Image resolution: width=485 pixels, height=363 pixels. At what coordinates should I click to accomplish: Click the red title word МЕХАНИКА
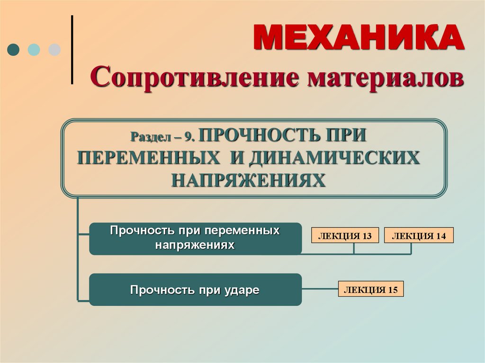pyautogui.click(x=359, y=37)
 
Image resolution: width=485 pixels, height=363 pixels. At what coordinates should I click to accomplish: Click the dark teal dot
pyautogui.click(x=13, y=50)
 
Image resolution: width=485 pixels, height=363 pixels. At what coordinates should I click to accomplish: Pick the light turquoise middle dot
pyautogui.click(x=34, y=50)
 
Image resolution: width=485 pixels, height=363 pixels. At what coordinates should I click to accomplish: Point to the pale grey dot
pyautogui.click(x=54, y=50)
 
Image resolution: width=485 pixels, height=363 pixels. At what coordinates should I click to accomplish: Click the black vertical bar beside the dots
pyautogui.click(x=72, y=50)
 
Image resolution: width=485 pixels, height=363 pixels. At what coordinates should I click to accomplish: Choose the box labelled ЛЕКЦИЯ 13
pyautogui.click(x=345, y=236)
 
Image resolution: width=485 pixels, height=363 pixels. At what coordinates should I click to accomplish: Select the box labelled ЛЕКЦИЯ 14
pyautogui.click(x=419, y=236)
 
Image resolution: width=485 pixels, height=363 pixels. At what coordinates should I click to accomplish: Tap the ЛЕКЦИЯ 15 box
pyautogui.click(x=371, y=289)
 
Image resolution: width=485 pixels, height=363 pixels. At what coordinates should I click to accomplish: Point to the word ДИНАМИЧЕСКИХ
pyautogui.click(x=334, y=158)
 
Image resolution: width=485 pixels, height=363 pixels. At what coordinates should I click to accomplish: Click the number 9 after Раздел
pyautogui.click(x=189, y=137)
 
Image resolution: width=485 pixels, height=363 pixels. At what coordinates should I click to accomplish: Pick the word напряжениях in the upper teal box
pyautogui.click(x=195, y=246)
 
